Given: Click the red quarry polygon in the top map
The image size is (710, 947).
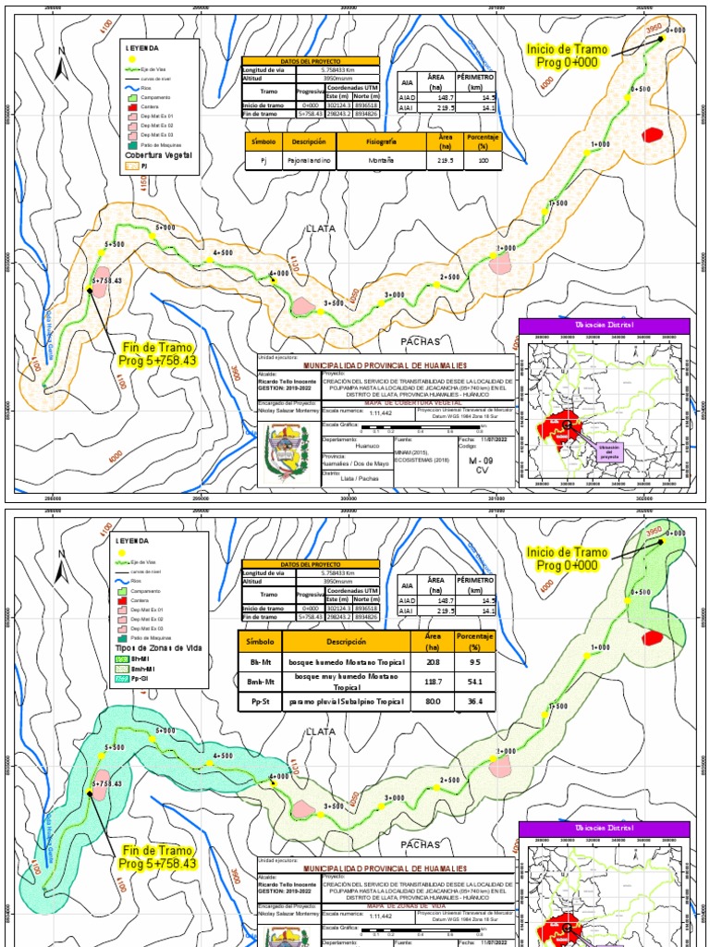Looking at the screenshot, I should pos(655,134).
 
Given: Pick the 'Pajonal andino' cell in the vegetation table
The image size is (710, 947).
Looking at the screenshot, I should pos(309,161).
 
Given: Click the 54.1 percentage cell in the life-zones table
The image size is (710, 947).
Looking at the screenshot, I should pos(476,682).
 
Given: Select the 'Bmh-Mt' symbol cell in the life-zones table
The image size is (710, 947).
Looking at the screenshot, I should pos(261,682).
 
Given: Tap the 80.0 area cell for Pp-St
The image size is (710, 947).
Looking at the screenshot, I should pos(431,703).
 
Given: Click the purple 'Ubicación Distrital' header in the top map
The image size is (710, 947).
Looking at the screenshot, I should pos(604,326).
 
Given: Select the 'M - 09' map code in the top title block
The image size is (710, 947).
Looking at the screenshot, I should pos(482,460).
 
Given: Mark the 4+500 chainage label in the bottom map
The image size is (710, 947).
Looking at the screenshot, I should pos(222,756).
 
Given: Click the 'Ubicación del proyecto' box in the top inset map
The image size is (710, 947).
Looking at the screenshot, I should pos(608,450).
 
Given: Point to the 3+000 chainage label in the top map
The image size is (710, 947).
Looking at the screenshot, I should pos(395,294).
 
